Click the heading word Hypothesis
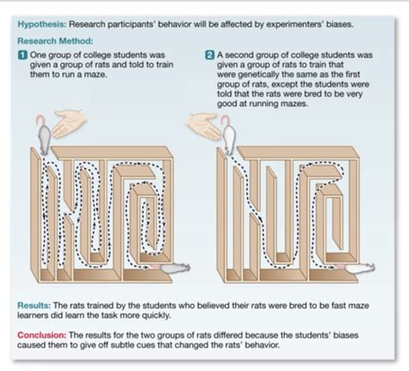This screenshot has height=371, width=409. (42, 24)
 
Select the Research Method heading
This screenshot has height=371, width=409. (55, 41)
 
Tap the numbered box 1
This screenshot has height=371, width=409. (22, 55)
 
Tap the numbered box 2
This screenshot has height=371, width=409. (210, 55)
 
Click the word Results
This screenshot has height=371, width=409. (34, 305)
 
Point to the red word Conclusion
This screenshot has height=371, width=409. (42, 335)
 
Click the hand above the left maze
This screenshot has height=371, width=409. (69, 123)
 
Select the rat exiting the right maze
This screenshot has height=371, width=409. (360, 268)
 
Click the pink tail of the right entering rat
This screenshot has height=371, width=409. (226, 118)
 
